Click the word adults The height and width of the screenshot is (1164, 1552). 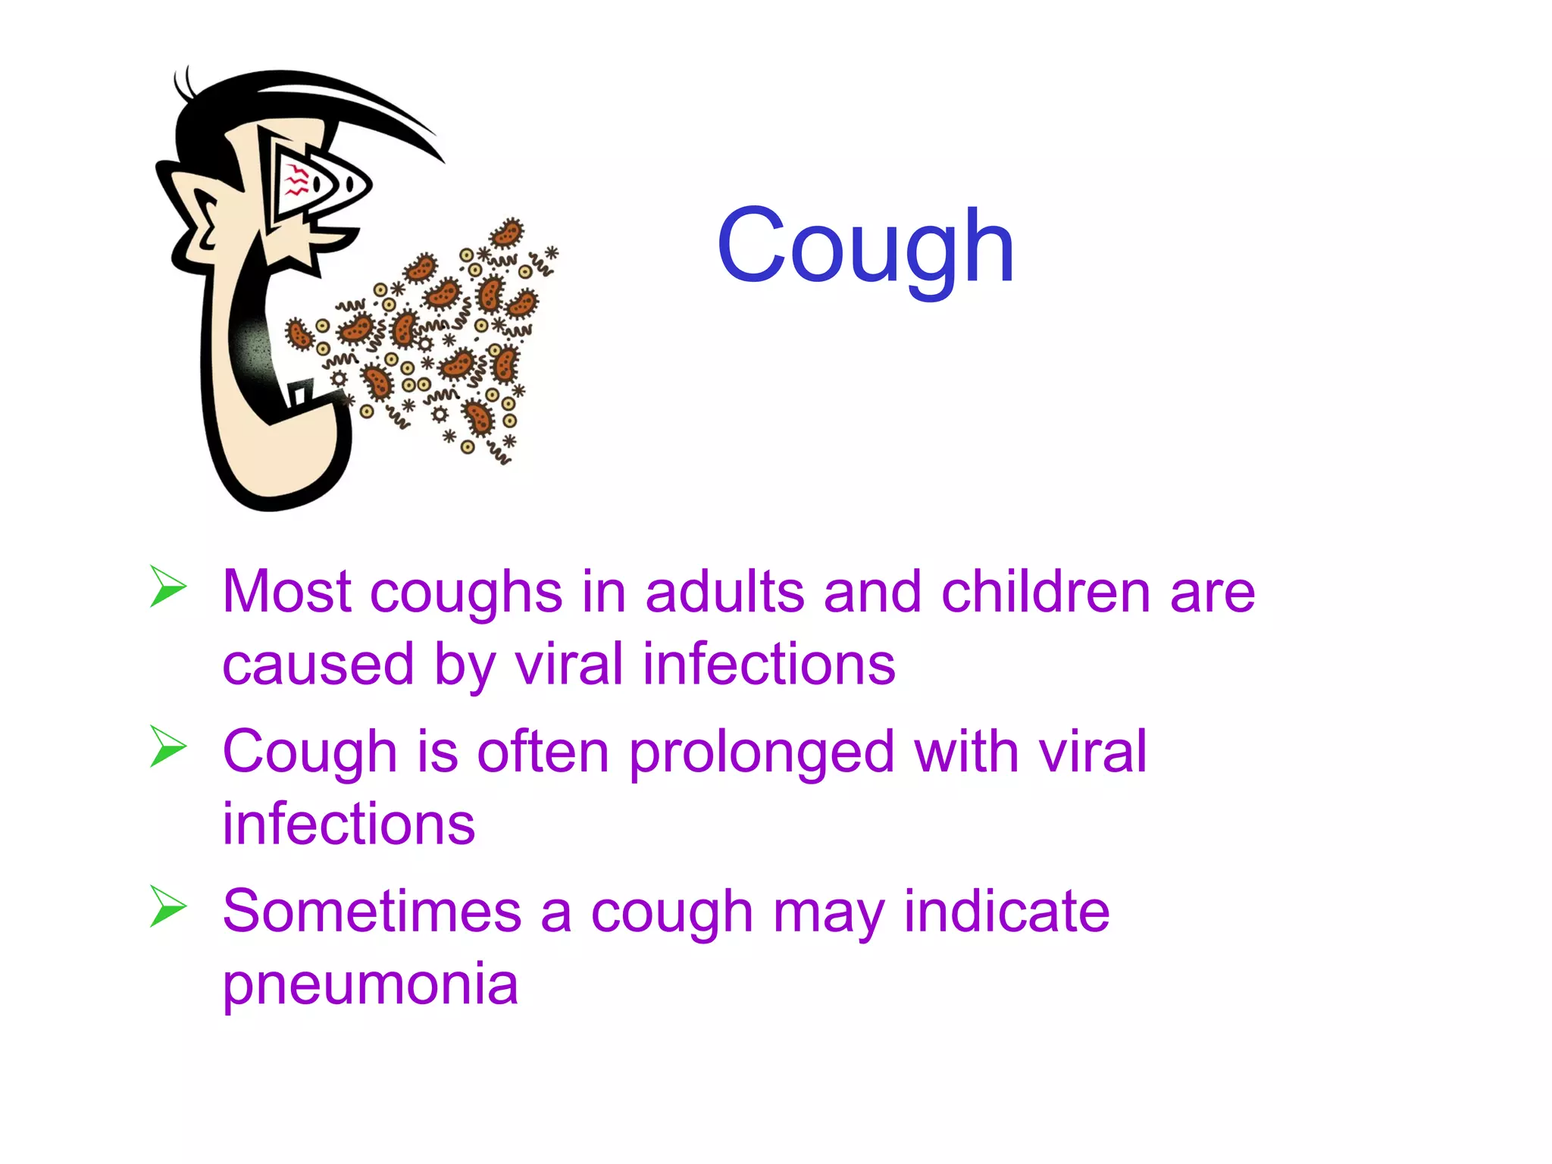[724, 592]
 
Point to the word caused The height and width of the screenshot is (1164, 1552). [318, 665]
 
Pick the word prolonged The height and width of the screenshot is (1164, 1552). [762, 753]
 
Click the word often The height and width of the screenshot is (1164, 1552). [543, 752]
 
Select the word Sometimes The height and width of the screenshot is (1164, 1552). [372, 911]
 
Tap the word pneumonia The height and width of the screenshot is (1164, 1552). [370, 984]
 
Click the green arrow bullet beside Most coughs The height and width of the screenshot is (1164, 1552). [167, 587]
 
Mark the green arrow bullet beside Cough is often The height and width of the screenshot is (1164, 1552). [167, 746]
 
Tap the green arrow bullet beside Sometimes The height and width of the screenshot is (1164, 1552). [167, 906]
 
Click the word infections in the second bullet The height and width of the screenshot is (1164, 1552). [349, 824]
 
